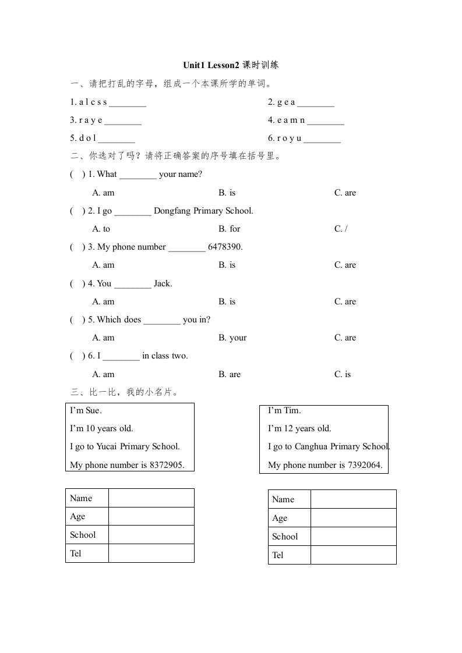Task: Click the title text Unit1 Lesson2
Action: click(211, 65)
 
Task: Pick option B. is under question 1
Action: click(227, 193)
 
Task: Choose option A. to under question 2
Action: click(101, 229)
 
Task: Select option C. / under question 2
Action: click(341, 229)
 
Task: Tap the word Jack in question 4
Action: click(163, 283)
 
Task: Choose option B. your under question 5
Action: click(232, 338)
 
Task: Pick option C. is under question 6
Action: click(343, 374)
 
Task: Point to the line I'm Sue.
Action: click(86, 410)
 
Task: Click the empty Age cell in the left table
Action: click(151, 516)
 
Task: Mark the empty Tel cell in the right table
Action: click(353, 555)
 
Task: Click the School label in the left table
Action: click(83, 535)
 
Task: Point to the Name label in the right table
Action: click(283, 499)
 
